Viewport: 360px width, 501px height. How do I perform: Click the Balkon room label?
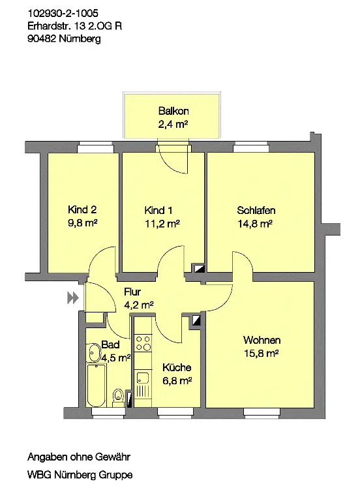click(x=173, y=111)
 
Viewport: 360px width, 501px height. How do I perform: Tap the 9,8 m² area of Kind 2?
click(x=82, y=222)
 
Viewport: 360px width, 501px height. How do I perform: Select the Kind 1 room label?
click(x=158, y=210)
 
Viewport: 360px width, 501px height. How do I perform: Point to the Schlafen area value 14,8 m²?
click(x=254, y=224)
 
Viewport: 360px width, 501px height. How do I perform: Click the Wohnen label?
click(x=262, y=340)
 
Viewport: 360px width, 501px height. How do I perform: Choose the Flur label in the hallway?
click(x=132, y=292)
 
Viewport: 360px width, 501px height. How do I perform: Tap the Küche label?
click(x=177, y=367)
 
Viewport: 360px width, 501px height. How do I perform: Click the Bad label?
click(x=110, y=344)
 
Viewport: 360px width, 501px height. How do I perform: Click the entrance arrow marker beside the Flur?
click(x=73, y=297)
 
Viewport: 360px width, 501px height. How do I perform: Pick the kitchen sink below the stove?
click(x=143, y=378)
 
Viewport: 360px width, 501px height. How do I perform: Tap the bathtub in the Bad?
click(x=96, y=385)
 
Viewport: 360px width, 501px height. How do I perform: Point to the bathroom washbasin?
click(x=94, y=352)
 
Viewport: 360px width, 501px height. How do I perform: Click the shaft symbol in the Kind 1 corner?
click(x=200, y=268)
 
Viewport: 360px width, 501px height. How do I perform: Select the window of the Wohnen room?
click(x=262, y=412)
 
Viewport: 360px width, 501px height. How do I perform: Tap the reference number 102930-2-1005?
click(x=63, y=13)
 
